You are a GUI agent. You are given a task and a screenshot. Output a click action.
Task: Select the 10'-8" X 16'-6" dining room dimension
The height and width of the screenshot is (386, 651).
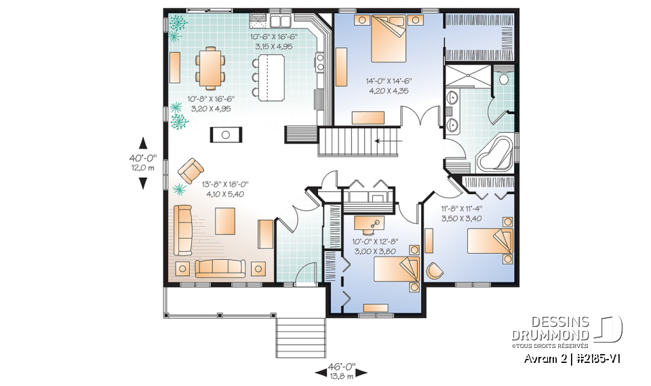click(207, 102)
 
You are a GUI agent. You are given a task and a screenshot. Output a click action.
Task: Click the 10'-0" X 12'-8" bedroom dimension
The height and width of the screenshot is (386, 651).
click(374, 245)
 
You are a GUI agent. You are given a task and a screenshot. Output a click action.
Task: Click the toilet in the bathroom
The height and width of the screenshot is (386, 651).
click(502, 79)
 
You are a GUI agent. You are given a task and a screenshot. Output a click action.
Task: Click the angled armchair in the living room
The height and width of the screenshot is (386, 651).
click(191, 168)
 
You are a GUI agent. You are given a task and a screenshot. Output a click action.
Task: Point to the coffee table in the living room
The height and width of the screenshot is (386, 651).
click(226, 220)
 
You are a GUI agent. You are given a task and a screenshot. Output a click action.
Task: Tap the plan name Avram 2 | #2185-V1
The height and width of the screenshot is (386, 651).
click(573, 358)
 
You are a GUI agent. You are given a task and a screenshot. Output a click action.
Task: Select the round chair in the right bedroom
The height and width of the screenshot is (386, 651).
click(433, 270)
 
